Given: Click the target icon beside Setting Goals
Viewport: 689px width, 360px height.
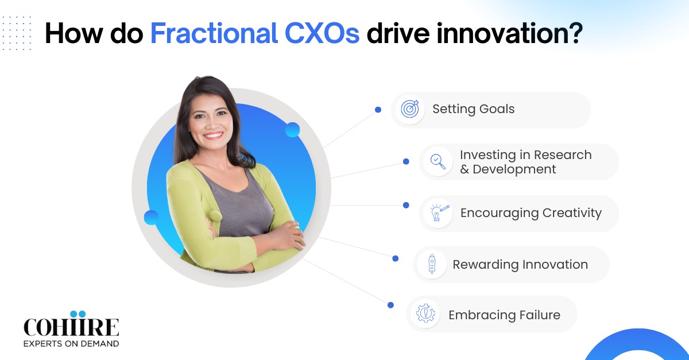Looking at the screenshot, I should [x=409, y=109].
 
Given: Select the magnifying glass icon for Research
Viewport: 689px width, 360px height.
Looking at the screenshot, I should [x=438, y=161].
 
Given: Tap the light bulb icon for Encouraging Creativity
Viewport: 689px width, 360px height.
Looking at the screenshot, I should [x=437, y=213].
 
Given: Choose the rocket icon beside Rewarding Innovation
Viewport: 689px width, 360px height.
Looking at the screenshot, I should [x=431, y=264].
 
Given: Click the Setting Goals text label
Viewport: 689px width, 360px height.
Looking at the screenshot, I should [x=473, y=109].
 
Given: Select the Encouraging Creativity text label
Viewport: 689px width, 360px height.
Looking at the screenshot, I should [x=531, y=213].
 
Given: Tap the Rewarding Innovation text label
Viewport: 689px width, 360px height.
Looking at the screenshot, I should [x=520, y=265].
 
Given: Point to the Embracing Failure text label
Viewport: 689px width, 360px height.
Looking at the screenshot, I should [x=504, y=315].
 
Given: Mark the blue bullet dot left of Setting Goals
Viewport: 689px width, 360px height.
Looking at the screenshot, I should [x=378, y=109].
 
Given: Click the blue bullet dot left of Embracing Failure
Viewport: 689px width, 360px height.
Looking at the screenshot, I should [x=390, y=305].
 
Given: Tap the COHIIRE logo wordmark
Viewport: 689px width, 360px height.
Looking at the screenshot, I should [x=71, y=327].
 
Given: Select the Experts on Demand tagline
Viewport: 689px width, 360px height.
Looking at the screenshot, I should [x=71, y=343].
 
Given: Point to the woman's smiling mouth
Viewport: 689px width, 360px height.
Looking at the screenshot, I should [x=213, y=136].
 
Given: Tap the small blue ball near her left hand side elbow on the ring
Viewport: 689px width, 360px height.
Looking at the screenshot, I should [x=152, y=217].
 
